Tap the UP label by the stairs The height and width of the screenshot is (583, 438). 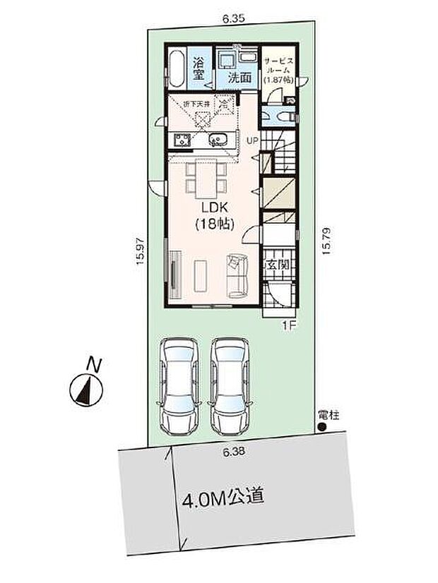click(x=252, y=141)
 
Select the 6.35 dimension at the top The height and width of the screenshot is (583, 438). click(x=233, y=20)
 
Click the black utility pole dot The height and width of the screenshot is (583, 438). click(x=321, y=427)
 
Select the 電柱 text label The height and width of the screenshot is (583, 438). click(x=329, y=415)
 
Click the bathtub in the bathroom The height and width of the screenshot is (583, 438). click(x=177, y=69)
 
